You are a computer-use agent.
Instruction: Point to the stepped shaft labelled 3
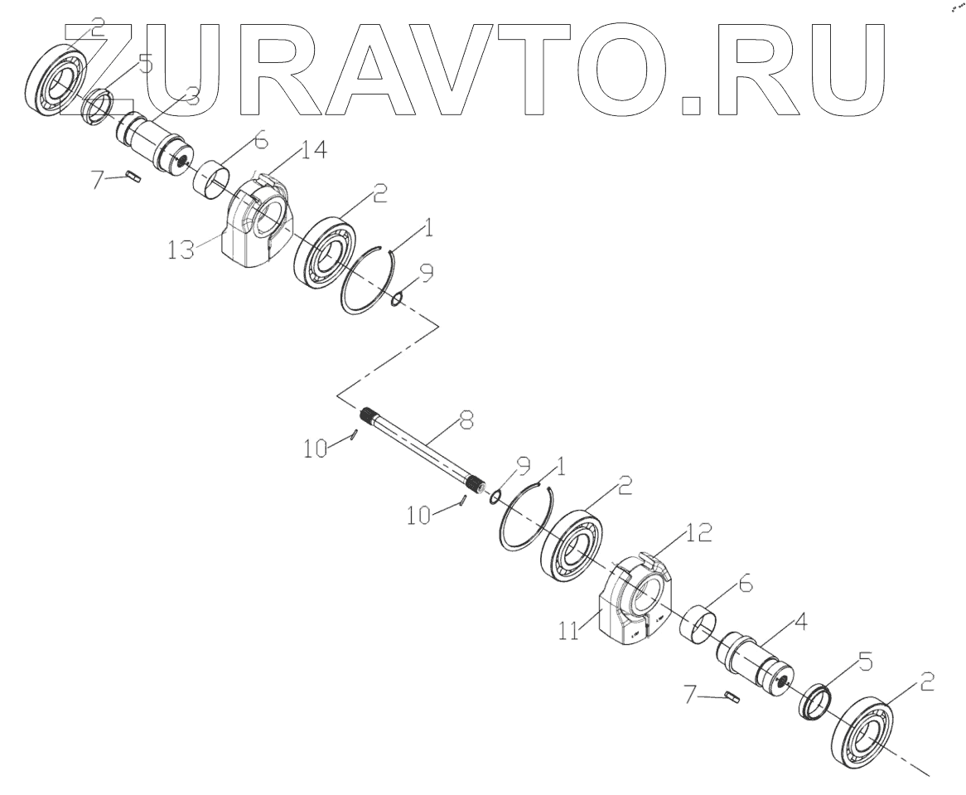[157, 142]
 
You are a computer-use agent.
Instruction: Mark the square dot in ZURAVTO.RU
[697, 104]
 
